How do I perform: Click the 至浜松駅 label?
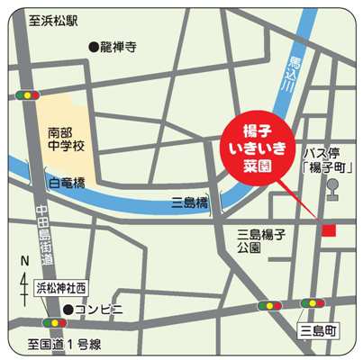(x=53, y=20)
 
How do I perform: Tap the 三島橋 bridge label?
(x=189, y=203)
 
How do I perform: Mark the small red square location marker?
(x=329, y=230)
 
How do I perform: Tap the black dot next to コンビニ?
(x=68, y=309)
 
